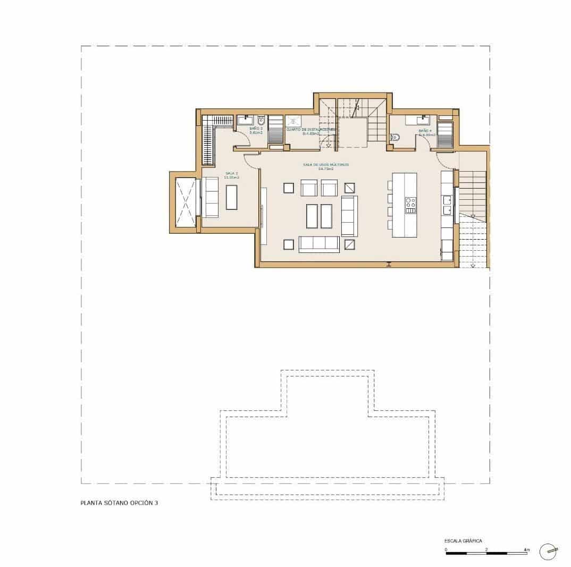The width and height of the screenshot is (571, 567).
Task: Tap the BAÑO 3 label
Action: pos(256,129)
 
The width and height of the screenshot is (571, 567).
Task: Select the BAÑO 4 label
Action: pos(425,131)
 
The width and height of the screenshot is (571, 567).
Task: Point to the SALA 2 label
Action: pos(231,174)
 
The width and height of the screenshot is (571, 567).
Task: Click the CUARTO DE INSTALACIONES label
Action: pos(311,129)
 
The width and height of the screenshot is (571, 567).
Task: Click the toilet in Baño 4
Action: pos(394,137)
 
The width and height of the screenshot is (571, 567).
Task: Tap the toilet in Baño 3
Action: pos(261,120)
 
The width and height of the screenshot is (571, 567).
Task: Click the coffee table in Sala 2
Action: pos(232,197)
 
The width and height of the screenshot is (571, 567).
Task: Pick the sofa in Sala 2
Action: pos(211,197)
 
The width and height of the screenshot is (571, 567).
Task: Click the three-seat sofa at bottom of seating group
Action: pos(319,244)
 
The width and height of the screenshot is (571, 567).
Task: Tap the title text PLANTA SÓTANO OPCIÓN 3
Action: pos(119,502)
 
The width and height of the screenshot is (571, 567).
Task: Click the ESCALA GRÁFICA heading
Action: pos(464,540)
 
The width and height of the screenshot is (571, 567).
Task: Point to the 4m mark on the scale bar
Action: pos(526,548)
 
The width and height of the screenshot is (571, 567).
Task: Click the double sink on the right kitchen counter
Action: pos(447,205)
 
